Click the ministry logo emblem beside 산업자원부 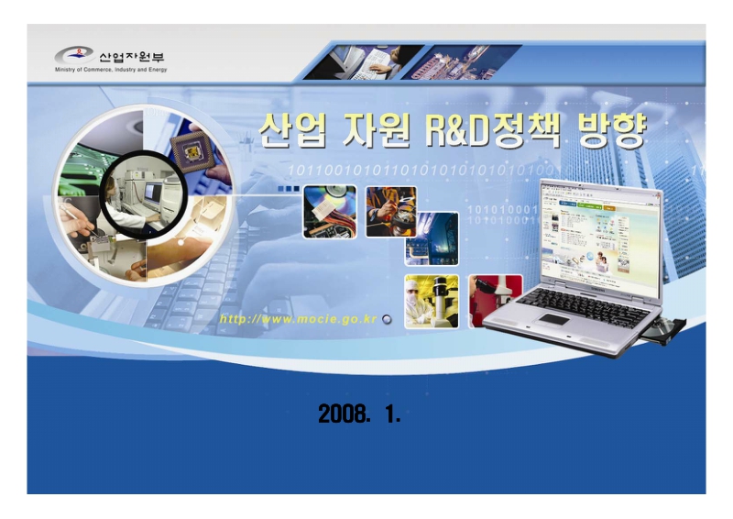(x=74, y=55)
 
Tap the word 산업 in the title (x=287, y=134)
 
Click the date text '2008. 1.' (x=359, y=414)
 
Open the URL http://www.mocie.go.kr (x=298, y=319)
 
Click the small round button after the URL (x=386, y=319)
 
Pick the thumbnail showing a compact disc (x=329, y=211)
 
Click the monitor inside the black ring (x=151, y=193)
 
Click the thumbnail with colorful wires (x=390, y=211)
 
